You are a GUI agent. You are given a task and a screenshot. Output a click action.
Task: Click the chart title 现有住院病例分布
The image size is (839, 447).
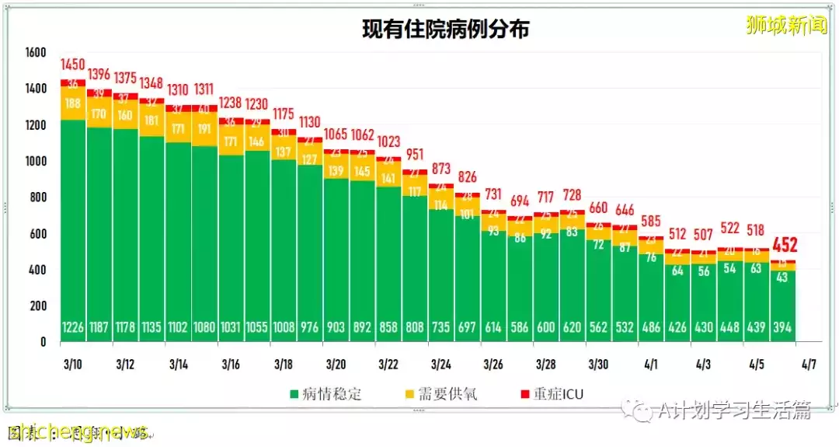[446, 30]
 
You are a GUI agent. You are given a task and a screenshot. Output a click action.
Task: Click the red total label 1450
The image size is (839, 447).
[74, 65]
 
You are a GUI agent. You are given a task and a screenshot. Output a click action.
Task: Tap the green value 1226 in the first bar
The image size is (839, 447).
[74, 328]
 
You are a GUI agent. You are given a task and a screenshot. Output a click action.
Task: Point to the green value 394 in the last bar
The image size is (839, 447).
[782, 328]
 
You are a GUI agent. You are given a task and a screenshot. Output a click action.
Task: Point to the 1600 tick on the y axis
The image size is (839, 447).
[37, 53]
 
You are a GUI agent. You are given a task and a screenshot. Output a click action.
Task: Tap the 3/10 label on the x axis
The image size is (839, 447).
[74, 364]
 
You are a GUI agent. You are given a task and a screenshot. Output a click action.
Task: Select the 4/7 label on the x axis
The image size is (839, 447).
[809, 364]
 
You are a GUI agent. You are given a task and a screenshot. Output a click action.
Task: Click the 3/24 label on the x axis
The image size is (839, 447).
[441, 364]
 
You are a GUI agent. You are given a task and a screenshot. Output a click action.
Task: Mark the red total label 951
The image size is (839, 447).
[416, 154]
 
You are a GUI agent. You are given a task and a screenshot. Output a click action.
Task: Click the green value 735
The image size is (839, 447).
[441, 328]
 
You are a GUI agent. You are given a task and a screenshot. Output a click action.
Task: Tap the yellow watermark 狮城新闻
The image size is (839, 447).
[786, 26]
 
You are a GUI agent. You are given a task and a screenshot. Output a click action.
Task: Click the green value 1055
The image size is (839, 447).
[257, 328]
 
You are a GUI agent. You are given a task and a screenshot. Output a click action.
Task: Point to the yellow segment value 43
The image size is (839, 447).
[782, 278]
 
